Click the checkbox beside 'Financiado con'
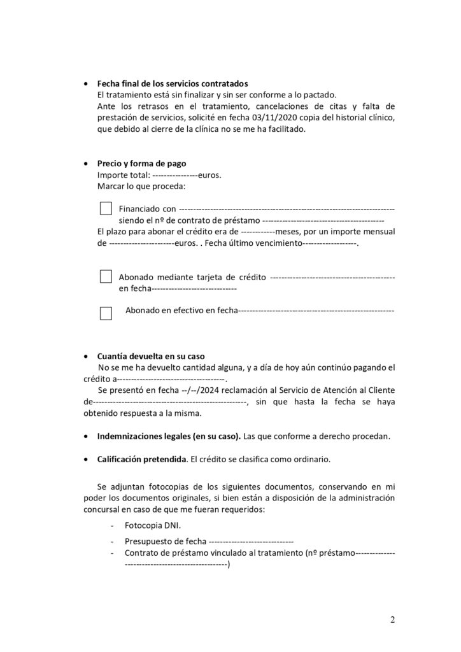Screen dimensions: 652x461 tap(106, 209)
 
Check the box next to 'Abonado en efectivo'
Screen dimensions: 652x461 tap(106, 313)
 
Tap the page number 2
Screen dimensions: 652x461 tap(393, 620)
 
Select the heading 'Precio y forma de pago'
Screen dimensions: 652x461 tap(141, 163)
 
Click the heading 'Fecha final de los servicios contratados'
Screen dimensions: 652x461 tap(173, 84)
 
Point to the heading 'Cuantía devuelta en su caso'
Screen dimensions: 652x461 tap(151, 356)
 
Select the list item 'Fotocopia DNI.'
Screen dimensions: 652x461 tap(153, 525)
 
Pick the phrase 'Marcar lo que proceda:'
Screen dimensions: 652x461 tap(141, 186)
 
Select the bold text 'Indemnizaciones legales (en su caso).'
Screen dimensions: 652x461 tap(169, 437)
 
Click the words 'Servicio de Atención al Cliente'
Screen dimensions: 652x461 tap(327, 390)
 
